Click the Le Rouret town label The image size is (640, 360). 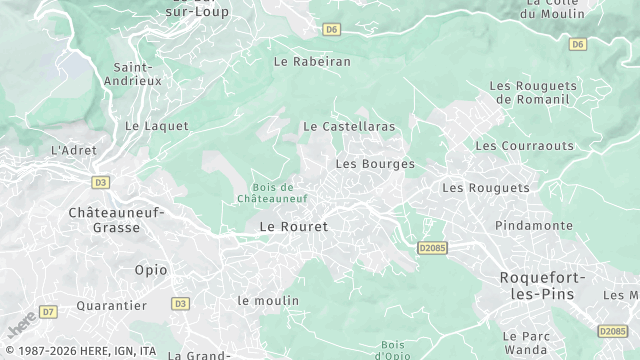[x=293, y=227]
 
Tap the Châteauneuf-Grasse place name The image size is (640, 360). [x=115, y=220]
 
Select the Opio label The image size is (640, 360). [x=151, y=270]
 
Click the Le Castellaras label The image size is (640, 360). [x=349, y=127]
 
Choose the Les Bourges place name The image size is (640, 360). [x=375, y=163]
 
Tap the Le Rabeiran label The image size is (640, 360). [x=312, y=61]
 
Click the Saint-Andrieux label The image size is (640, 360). [x=131, y=72]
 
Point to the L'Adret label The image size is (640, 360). [x=71, y=150]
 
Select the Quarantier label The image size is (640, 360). [x=112, y=305]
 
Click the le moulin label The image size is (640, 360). [x=267, y=300]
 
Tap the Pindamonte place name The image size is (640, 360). [x=533, y=225]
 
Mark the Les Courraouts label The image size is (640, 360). [x=524, y=146]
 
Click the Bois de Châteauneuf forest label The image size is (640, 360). [x=272, y=193]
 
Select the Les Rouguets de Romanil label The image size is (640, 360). [x=529, y=93]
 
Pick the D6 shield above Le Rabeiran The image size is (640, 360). [x=331, y=29]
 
